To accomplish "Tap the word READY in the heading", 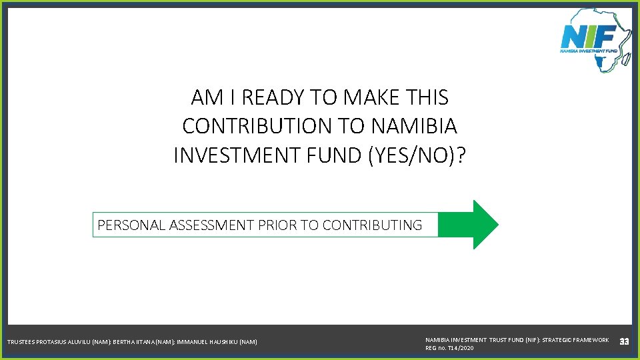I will (x=273, y=98).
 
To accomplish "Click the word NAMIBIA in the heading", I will (x=413, y=126).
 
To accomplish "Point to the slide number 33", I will (x=625, y=342).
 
